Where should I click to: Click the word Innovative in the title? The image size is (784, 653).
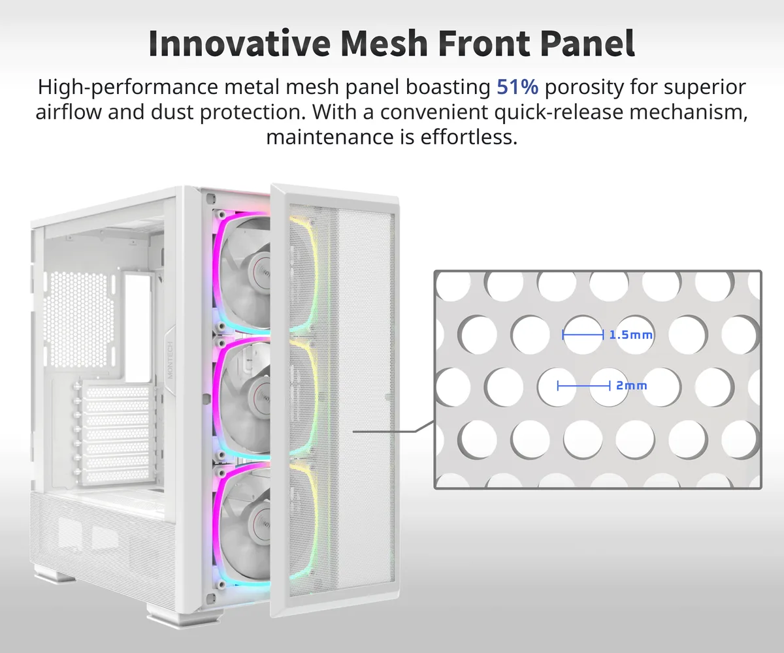[x=240, y=43]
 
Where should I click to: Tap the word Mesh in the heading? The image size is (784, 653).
[x=384, y=43]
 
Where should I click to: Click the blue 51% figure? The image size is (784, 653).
[x=517, y=87]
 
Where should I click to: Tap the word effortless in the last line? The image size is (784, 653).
[x=469, y=137]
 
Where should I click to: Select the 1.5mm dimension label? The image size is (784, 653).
[x=631, y=335]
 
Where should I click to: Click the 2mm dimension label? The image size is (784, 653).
[x=632, y=386]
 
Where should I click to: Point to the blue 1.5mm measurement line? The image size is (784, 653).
[x=583, y=335]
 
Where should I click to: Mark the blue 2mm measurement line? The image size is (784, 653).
[x=584, y=386]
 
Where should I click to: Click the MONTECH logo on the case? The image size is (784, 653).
[x=170, y=360]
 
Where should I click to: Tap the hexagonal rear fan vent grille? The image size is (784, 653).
[x=80, y=320]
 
